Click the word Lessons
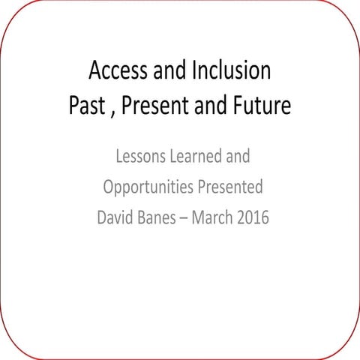pos(140,157)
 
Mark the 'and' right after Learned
pos(238,157)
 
